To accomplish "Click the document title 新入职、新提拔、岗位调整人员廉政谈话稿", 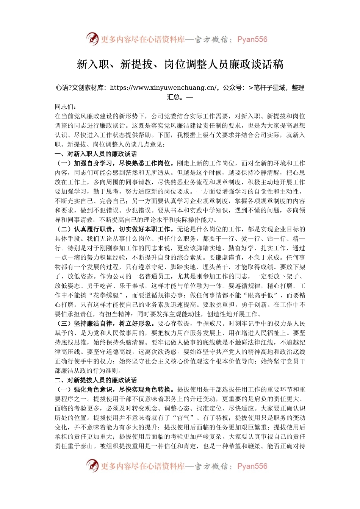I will (x=180, y=64).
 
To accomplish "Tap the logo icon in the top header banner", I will (x=92, y=39).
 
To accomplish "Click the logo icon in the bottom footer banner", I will (x=92, y=466).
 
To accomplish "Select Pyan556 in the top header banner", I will (x=252, y=39).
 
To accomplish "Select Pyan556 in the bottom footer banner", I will (x=252, y=466).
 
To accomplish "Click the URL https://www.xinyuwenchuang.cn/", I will (x=163, y=88).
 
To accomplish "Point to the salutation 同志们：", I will (x=66, y=107).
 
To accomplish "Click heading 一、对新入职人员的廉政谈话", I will (x=95, y=154).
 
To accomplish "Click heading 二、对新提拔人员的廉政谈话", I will (x=95, y=380).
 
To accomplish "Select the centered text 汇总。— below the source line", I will (x=180, y=97).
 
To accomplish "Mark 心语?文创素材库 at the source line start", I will (x=80, y=88).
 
